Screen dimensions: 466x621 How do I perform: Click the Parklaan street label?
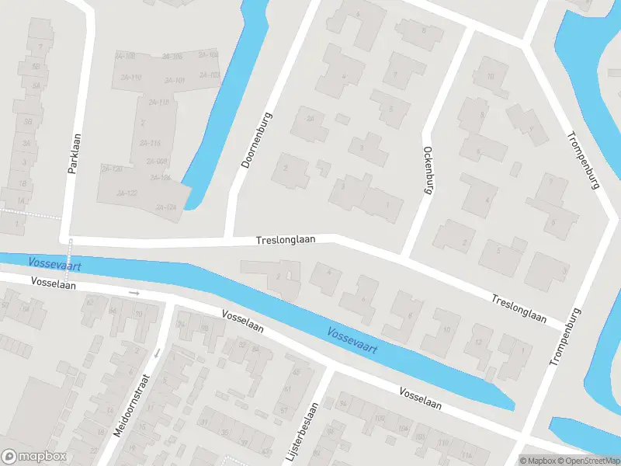coord(75,154)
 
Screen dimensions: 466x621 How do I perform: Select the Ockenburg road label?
coord(426,169)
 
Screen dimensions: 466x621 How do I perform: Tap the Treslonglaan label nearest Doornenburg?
coord(286,241)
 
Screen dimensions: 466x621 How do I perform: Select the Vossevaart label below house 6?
coord(352,340)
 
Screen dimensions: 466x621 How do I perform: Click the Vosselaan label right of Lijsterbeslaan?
coord(420,398)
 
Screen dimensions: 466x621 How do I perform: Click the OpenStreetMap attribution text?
coord(588,461)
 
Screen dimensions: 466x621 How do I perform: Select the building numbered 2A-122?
coord(126,193)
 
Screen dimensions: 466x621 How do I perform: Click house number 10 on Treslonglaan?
coord(446,329)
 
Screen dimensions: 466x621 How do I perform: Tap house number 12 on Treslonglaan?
coord(478,343)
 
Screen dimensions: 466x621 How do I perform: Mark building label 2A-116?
coord(149,143)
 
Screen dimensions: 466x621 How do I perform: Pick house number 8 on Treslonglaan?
coord(410,315)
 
